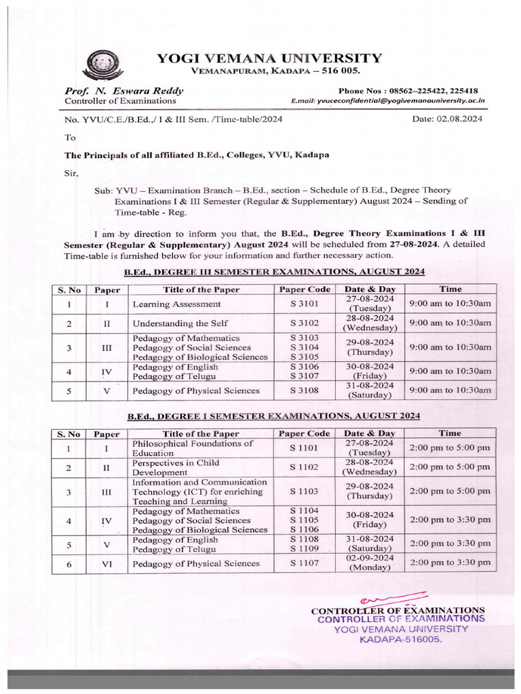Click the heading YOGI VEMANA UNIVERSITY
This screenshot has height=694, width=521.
(269, 58)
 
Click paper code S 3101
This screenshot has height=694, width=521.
(305, 304)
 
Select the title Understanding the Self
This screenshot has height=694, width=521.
(180, 323)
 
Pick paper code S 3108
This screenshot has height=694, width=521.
(305, 390)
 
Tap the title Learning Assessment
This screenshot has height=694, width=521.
(176, 304)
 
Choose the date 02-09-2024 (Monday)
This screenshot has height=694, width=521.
(369, 562)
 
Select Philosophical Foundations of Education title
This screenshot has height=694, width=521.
(193, 448)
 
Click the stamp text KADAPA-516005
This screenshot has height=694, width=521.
(400, 639)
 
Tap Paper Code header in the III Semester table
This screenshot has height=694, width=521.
(305, 289)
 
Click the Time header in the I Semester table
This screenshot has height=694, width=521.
(449, 433)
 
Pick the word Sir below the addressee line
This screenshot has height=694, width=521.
(71, 173)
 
